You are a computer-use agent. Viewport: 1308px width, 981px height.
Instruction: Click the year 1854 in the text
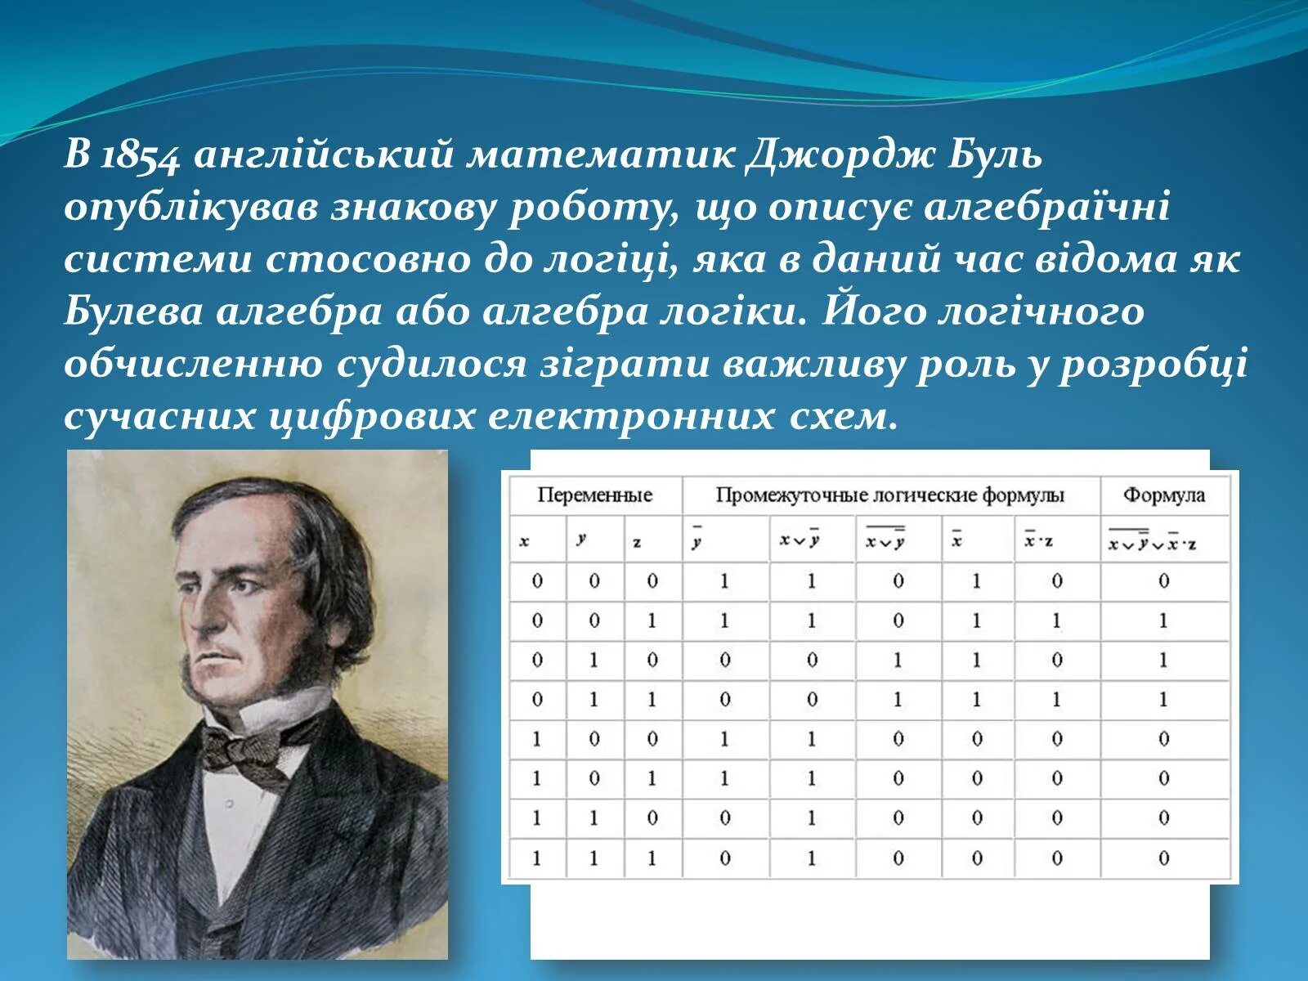(138, 156)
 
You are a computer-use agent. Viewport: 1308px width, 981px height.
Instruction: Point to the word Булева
(132, 311)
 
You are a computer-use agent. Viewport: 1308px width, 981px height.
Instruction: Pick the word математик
(601, 155)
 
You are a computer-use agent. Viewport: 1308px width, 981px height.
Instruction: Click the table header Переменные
(594, 495)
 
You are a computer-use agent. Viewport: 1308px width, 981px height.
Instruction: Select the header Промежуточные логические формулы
(890, 495)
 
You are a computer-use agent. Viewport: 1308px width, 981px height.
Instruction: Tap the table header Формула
(1163, 495)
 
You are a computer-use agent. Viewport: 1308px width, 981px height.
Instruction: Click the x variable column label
(525, 540)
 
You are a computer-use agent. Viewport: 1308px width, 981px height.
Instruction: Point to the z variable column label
(637, 542)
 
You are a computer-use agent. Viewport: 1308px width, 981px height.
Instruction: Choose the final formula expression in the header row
(1152, 541)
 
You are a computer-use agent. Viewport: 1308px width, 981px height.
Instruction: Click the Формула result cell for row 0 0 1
(1163, 620)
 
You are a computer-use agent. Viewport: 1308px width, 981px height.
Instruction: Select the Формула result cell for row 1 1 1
(1163, 858)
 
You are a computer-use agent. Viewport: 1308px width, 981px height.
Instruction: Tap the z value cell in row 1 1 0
(652, 817)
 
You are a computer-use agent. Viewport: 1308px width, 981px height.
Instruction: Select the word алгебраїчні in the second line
(1046, 207)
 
